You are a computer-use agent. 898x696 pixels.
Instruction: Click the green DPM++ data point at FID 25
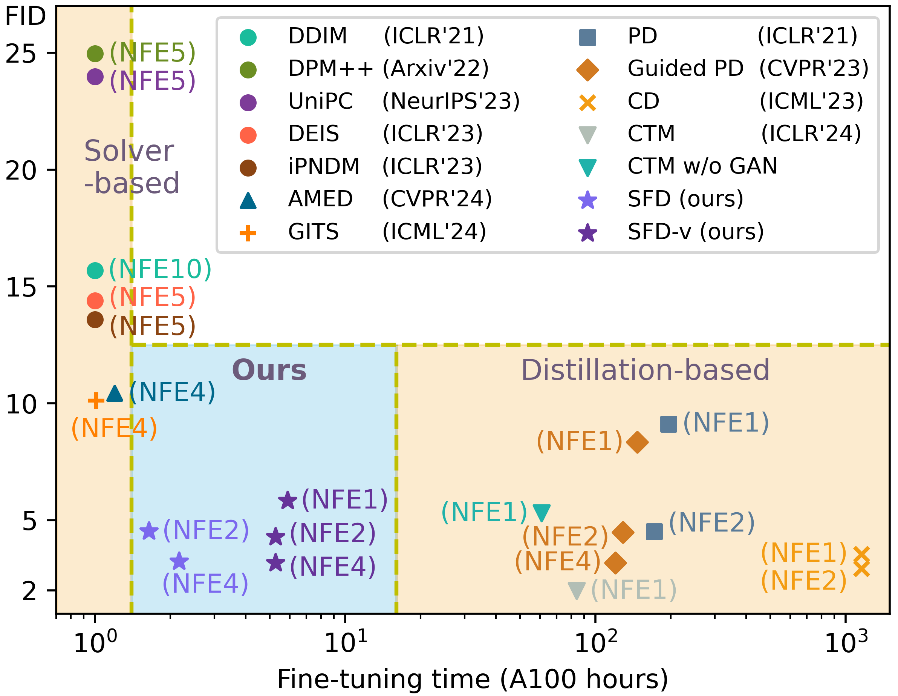95,54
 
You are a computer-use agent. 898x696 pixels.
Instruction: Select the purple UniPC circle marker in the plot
95,77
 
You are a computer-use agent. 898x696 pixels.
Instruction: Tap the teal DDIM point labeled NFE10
95,271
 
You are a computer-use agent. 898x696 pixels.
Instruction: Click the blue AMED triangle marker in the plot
115,394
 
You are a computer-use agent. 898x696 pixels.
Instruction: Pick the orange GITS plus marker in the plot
96,401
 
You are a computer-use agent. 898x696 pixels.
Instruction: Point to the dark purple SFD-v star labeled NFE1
288,501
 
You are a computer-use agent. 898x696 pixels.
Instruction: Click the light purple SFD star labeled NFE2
149,531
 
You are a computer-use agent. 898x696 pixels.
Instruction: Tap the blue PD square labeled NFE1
669,424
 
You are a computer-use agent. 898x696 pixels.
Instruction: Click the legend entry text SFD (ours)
685,199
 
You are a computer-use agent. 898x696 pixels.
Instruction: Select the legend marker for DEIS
248,135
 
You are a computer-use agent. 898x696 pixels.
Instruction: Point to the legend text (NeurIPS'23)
451,101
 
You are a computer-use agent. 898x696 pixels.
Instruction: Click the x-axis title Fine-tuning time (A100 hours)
473,679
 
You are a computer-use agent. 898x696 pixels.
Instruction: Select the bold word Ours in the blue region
269,370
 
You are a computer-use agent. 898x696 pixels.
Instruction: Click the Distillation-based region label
645,370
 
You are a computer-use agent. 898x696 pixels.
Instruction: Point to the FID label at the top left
26,17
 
